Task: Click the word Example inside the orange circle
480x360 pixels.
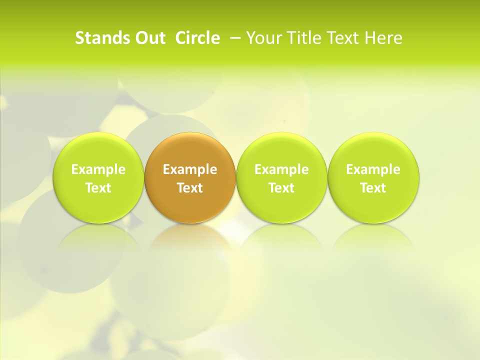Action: coord(190,169)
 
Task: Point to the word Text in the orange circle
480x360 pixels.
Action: coord(190,188)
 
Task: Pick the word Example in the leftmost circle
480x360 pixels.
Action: coord(98,169)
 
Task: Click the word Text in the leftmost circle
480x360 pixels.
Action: coord(98,188)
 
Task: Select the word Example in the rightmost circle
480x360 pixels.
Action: coord(373,169)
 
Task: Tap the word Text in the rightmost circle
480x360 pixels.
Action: coord(373,188)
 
